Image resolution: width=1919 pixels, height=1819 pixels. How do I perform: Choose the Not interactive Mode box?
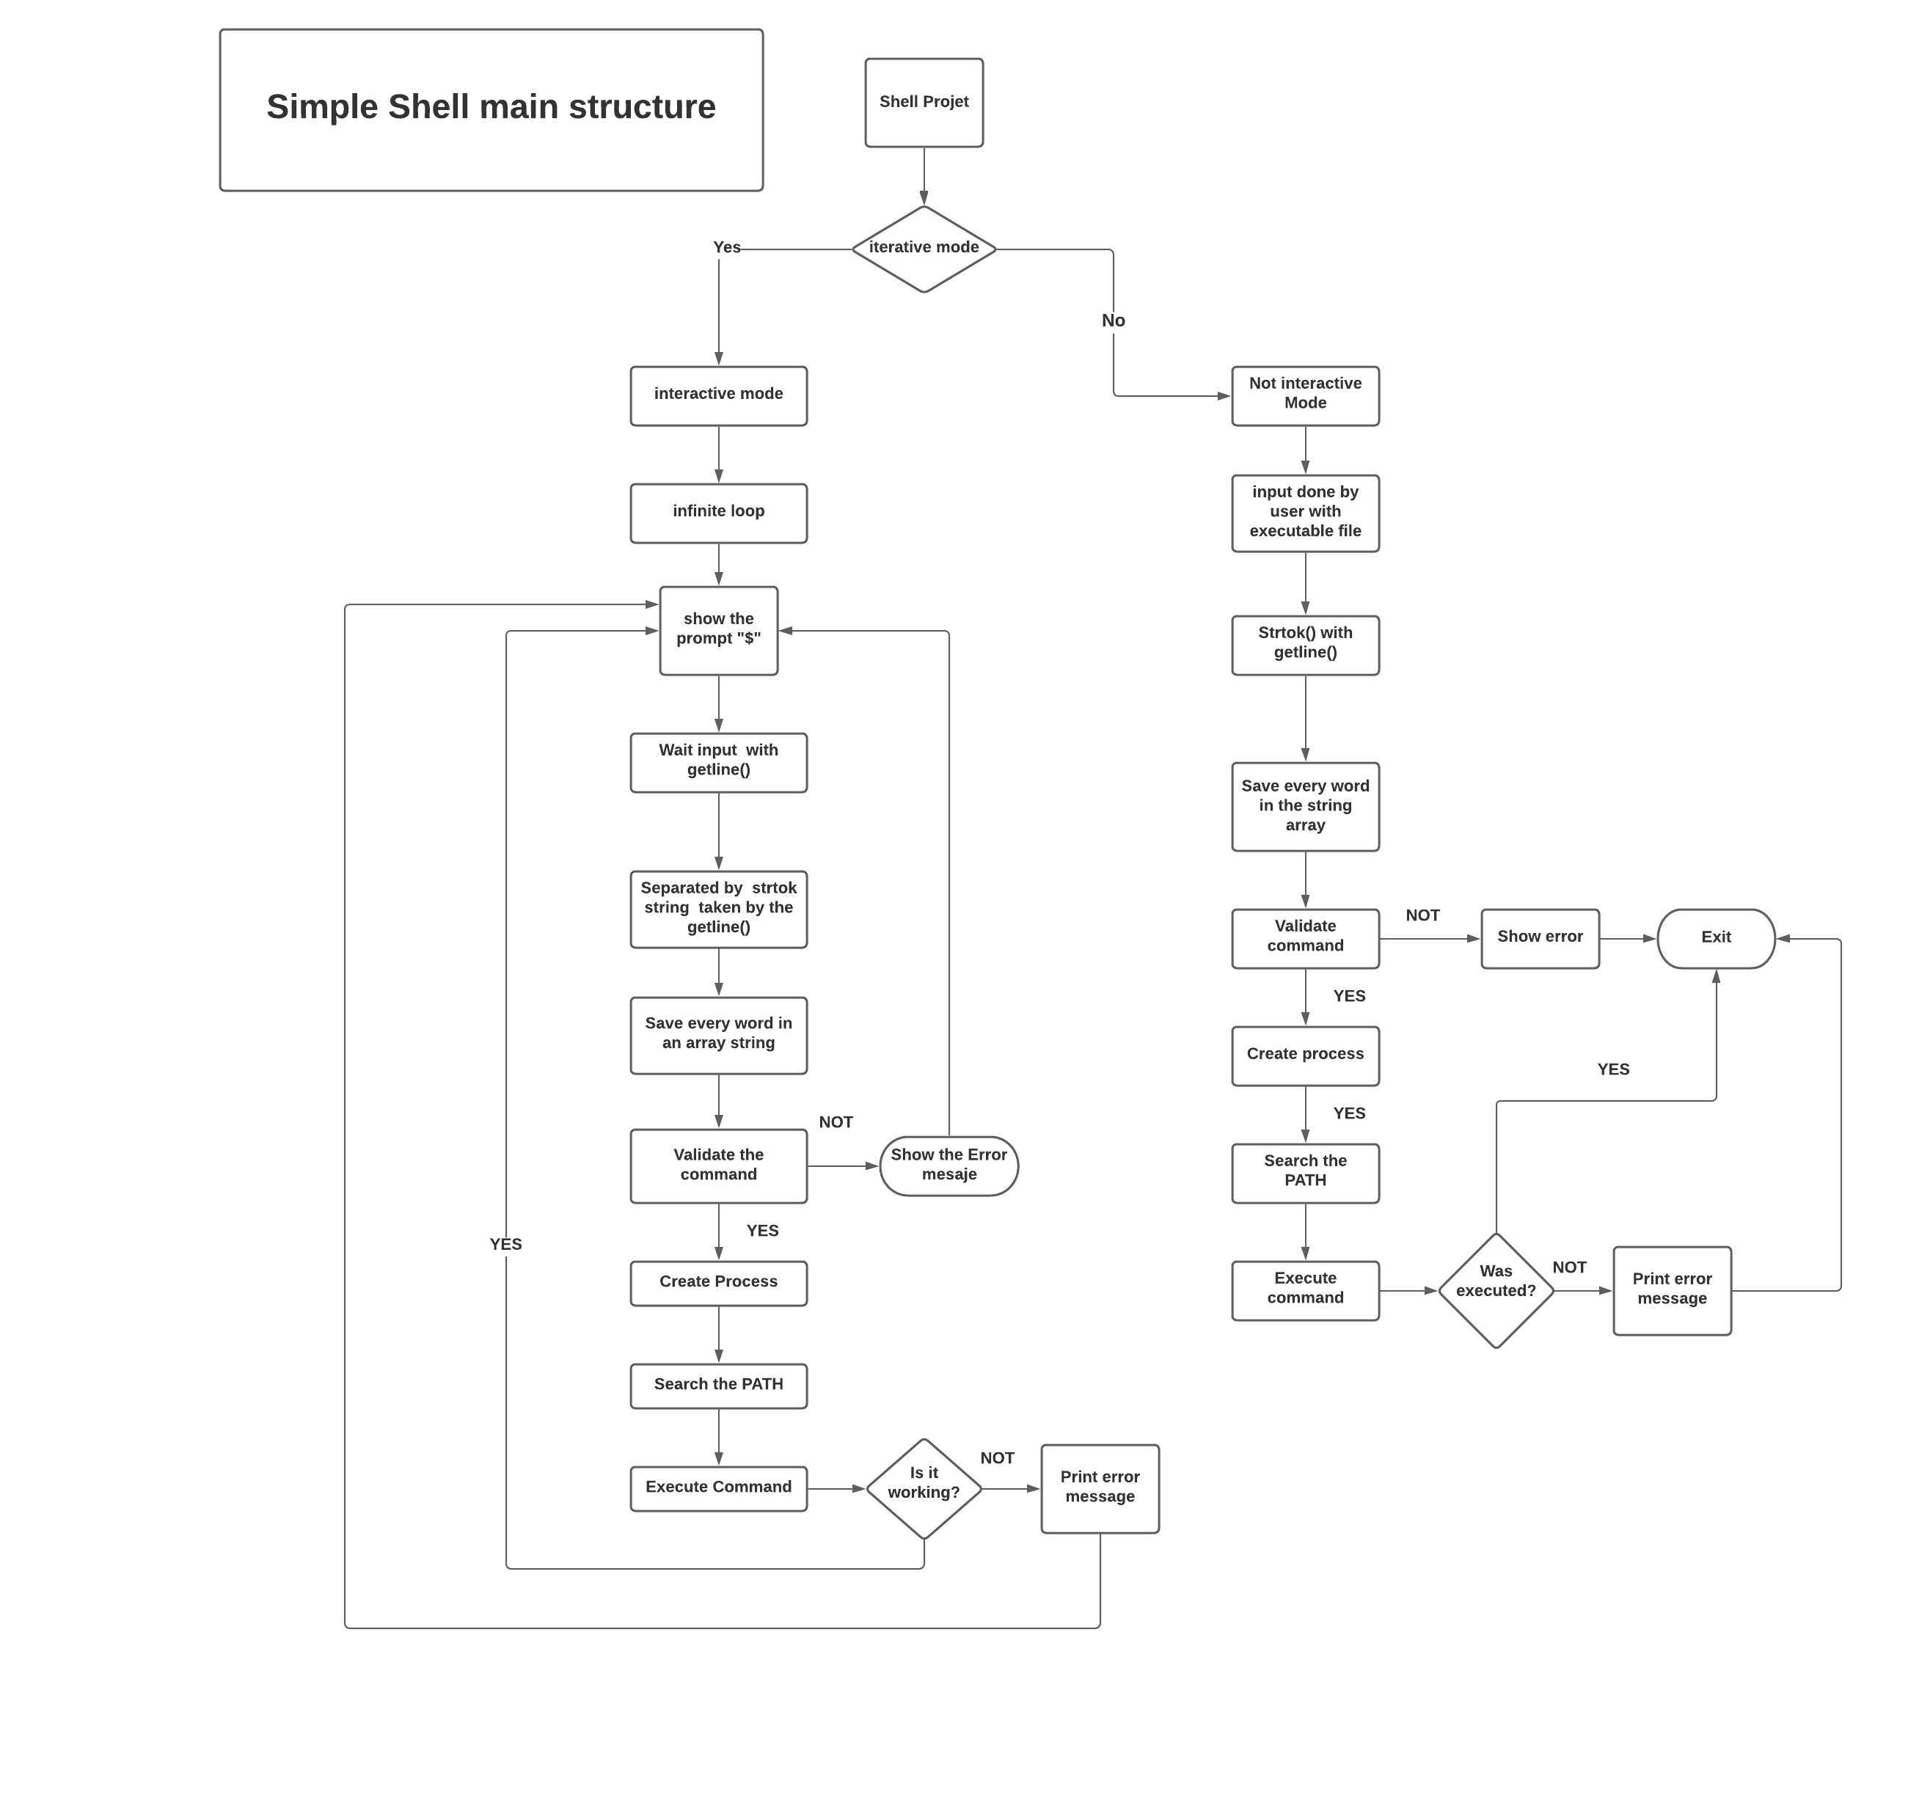[x=1304, y=395]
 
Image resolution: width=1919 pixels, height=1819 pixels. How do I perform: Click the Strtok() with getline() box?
[x=1304, y=644]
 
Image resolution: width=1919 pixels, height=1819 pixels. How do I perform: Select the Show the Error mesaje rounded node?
[x=948, y=1165]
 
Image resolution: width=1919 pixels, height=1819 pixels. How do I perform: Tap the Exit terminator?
[x=1714, y=937]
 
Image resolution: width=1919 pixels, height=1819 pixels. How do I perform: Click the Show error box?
[x=1539, y=937]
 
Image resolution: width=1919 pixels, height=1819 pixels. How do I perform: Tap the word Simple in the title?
[x=321, y=108]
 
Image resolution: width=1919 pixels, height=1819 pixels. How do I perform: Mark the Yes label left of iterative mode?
[x=726, y=248]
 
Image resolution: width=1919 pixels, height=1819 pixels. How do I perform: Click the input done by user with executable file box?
[x=1304, y=512]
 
